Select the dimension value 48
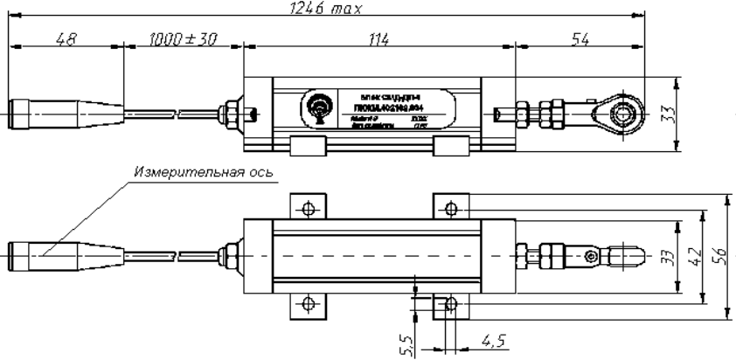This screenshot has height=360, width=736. [x=64, y=39]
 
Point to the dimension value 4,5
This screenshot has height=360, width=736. [x=492, y=338]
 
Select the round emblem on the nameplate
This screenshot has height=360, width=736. [x=316, y=109]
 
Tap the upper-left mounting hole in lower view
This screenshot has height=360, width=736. [x=308, y=209]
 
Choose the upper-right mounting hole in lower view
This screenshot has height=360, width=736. [x=451, y=209]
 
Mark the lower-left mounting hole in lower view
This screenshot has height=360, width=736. [x=308, y=303]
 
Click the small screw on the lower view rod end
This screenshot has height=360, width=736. [x=592, y=256]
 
